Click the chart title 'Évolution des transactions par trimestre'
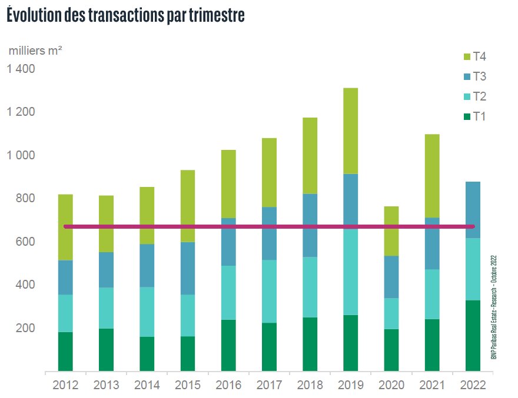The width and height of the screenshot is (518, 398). [x=124, y=16]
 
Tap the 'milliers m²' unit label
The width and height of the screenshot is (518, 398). [x=35, y=51]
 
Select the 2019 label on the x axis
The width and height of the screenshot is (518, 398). [x=351, y=385]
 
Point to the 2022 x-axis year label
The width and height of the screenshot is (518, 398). [x=473, y=385]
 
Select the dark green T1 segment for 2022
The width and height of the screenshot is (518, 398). [x=473, y=336]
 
